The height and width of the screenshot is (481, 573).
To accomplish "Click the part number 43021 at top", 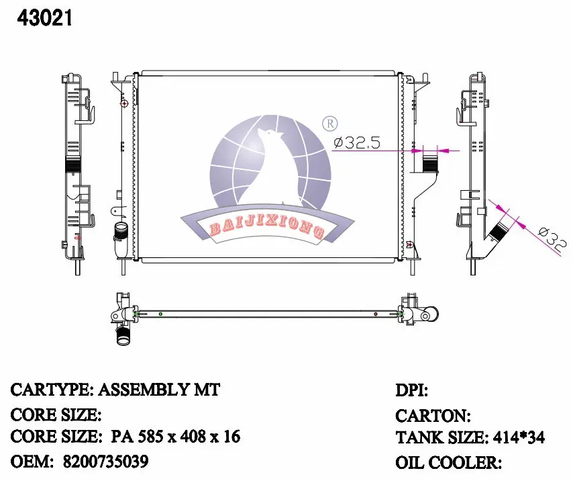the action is point(44,18).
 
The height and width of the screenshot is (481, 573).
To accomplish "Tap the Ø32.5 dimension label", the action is point(357,142).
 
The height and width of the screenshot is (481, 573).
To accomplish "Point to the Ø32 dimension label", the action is point(552,240).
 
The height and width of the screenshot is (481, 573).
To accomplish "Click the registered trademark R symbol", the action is point(329,124).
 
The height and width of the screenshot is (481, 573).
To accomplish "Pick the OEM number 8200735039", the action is point(106,462).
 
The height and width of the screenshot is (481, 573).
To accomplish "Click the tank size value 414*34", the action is point(519,437).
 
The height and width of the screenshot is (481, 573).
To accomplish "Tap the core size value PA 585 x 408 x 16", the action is point(175,437).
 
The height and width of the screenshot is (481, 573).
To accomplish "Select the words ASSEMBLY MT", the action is point(159,390).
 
